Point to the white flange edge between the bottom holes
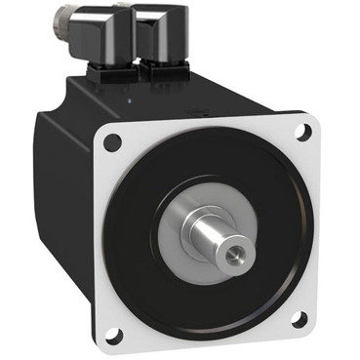pyautogui.click(x=210, y=337)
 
